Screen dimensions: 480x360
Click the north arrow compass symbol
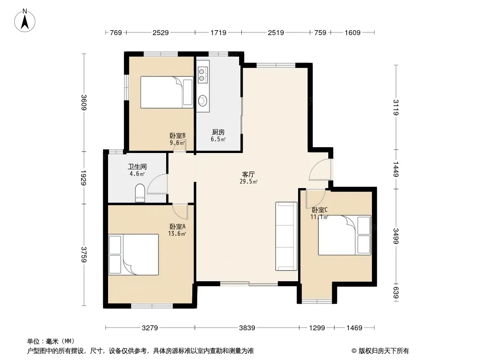pos(25,20)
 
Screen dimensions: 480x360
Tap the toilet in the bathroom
pos(140,193)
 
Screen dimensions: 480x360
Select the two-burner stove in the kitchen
pos(201,75)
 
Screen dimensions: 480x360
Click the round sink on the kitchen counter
pos(202,100)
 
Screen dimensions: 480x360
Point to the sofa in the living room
pos(286,236)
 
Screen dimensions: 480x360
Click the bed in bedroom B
pos(167,92)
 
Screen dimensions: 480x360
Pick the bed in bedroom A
pos(133,255)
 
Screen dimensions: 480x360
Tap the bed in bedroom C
pos(344,235)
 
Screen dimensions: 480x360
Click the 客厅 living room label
pos(248,174)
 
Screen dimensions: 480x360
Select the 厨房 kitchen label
pos(218,132)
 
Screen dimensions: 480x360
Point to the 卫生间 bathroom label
pos(137,166)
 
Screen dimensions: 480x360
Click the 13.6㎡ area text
pos(177,234)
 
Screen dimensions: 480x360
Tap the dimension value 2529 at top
pos(161,32)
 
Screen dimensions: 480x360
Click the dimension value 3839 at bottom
pos(247,328)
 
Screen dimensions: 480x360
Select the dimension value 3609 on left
pos(84,103)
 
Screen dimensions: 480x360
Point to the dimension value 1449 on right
pos(396,169)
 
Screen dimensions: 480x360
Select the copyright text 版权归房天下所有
pos(384,351)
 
